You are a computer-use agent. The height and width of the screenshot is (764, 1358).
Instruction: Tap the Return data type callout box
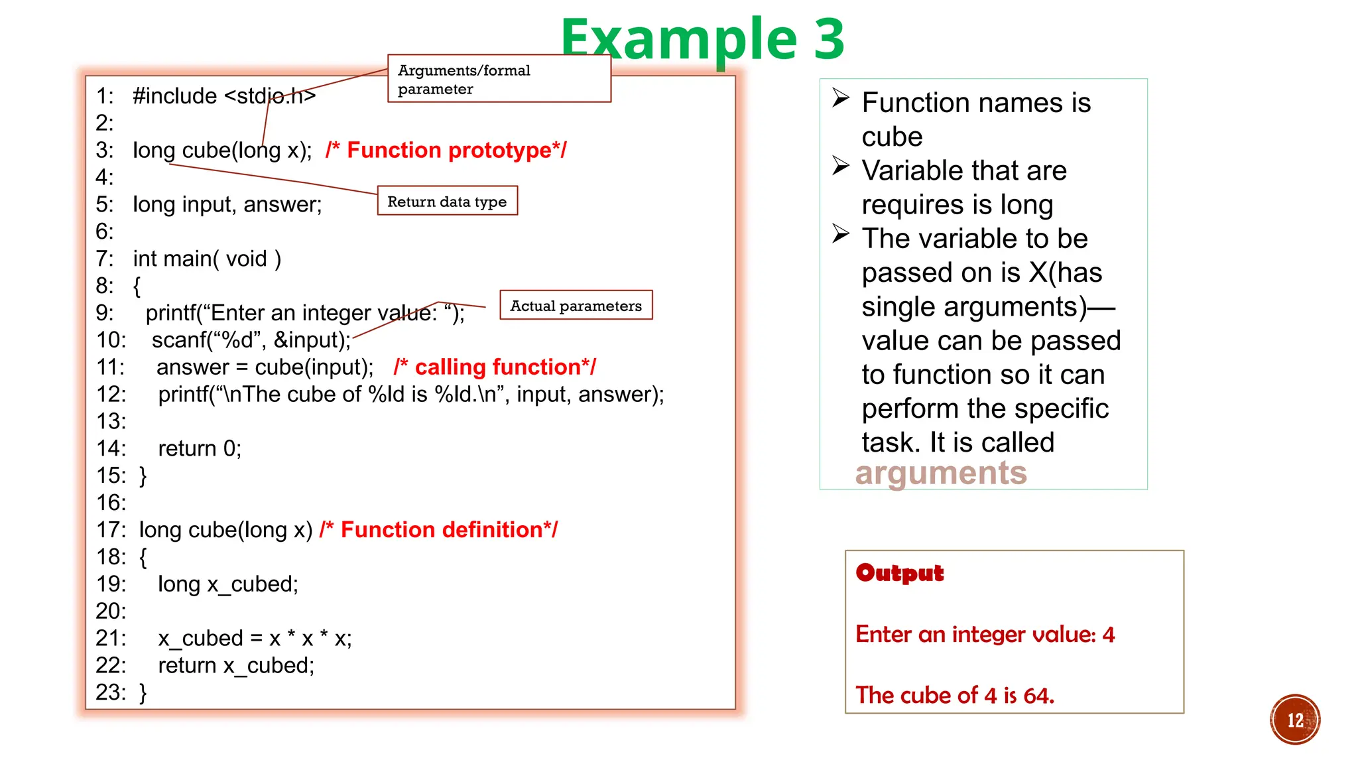(x=447, y=201)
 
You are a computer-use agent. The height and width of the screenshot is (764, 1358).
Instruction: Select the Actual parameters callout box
(x=576, y=305)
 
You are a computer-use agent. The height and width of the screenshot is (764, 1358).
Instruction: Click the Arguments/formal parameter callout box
(x=499, y=79)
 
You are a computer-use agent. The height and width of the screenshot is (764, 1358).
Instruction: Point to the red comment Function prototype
(x=446, y=151)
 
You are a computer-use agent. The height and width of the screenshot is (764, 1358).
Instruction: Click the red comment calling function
(x=495, y=367)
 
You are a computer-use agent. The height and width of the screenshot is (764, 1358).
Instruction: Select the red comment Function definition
(x=438, y=530)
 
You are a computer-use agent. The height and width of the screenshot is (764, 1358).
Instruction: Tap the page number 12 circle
(x=1294, y=720)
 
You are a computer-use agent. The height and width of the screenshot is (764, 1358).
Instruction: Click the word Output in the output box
(x=899, y=573)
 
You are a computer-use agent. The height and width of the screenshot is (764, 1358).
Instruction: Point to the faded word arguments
(x=940, y=474)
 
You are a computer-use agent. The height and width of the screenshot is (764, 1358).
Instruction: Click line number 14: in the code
(x=111, y=448)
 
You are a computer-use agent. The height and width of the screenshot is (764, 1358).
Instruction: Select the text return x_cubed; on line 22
(x=236, y=665)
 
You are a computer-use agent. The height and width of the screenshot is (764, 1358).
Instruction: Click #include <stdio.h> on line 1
(x=224, y=96)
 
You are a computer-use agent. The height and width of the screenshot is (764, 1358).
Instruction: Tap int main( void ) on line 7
(x=207, y=259)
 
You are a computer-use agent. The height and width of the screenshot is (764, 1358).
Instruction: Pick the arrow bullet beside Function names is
(x=841, y=98)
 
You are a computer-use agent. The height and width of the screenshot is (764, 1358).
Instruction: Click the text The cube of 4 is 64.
(x=954, y=695)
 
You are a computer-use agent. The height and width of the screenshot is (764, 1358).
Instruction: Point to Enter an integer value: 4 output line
(x=985, y=635)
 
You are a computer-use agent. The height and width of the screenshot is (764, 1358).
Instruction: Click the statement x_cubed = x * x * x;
(x=255, y=638)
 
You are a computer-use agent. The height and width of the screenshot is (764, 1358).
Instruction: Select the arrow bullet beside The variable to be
(x=841, y=234)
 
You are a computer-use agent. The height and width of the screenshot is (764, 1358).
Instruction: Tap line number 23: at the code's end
(x=111, y=692)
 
